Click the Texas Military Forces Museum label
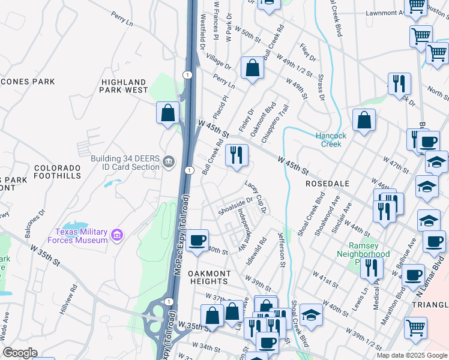pos(81,236)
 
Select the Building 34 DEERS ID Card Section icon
pos(169,160)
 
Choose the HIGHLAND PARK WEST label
pos(124,86)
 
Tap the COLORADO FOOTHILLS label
pos(57,172)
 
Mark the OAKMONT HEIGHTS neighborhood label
pos(208,277)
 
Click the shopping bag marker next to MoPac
pos(168,113)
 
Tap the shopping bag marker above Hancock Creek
pos(364,121)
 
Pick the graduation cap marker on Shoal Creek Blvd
pos(310,316)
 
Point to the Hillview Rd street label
pos(68,298)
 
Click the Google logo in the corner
pos(20,353)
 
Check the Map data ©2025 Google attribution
pos(411,355)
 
